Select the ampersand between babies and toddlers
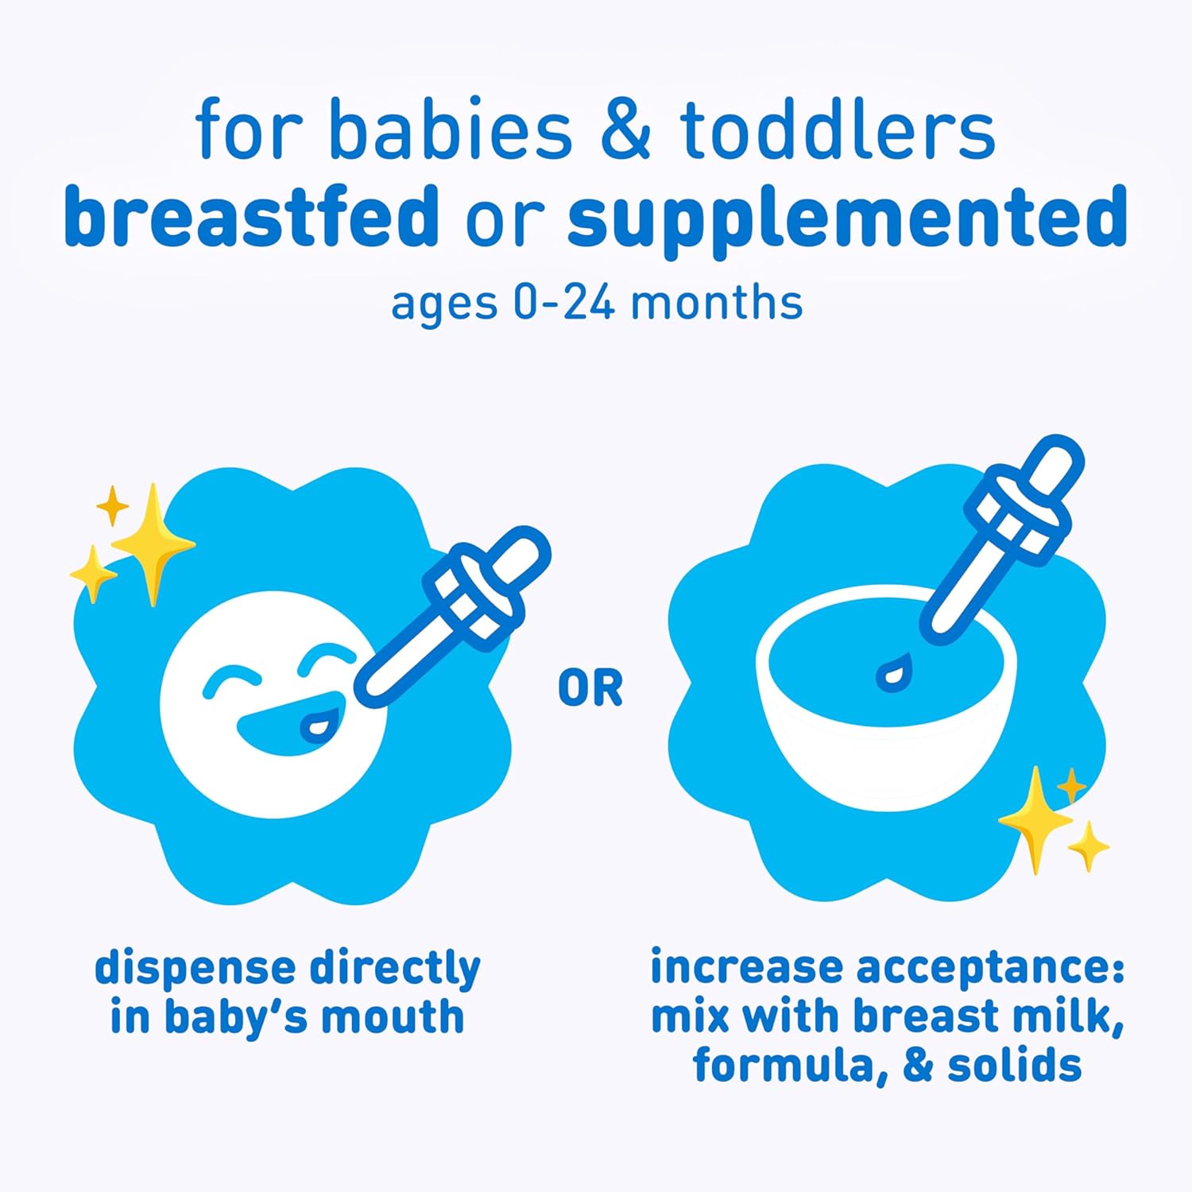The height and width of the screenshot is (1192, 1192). click(x=626, y=130)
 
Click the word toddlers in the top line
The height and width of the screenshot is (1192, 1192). click(x=838, y=130)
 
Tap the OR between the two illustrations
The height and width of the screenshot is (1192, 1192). click(x=590, y=688)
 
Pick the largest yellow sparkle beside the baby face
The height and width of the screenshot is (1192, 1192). click(x=153, y=544)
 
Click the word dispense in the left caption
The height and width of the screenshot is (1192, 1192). click(x=195, y=969)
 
